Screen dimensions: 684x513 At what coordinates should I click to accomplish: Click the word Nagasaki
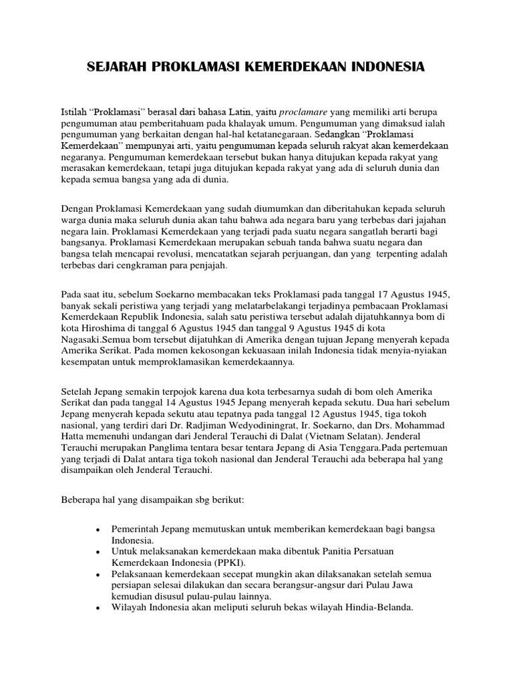83,341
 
